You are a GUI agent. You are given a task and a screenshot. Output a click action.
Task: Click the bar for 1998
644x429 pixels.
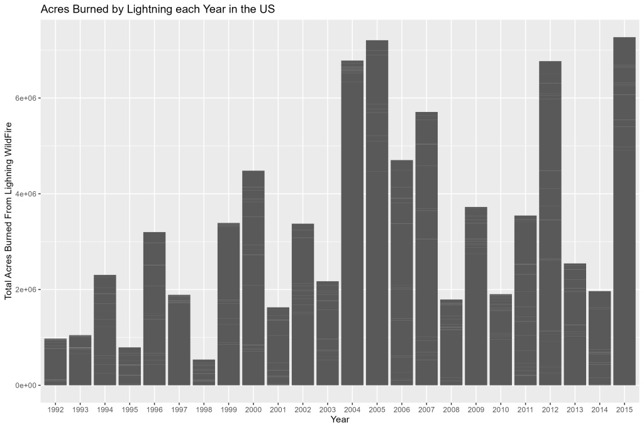(x=203, y=372)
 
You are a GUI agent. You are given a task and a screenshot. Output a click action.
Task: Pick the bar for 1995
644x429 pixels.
(x=130, y=366)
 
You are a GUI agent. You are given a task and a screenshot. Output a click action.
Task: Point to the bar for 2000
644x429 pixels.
(x=253, y=277)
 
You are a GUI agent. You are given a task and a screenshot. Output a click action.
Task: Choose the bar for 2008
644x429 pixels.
(x=451, y=342)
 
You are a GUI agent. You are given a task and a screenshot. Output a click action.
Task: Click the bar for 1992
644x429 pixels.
(x=55, y=362)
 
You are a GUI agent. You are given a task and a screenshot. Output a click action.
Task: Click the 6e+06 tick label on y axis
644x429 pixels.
(x=25, y=98)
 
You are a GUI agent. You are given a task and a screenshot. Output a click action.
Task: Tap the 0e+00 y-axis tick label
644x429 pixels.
(x=25, y=385)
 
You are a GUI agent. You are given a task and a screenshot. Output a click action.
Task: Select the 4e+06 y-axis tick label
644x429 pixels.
(x=25, y=194)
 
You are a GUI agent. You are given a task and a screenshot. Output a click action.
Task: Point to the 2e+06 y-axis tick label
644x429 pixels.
(x=25, y=289)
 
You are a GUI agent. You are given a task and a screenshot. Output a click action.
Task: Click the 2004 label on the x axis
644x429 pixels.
(x=352, y=409)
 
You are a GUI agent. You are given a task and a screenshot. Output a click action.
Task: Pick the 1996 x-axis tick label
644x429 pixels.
(x=154, y=409)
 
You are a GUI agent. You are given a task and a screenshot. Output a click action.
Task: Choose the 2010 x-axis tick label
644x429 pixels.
(x=501, y=409)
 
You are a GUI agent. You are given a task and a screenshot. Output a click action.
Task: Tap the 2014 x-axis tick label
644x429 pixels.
(x=599, y=409)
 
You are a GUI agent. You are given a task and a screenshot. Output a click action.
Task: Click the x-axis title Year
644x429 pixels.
(x=340, y=420)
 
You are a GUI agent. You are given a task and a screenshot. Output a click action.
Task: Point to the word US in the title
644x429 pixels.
(x=266, y=10)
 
